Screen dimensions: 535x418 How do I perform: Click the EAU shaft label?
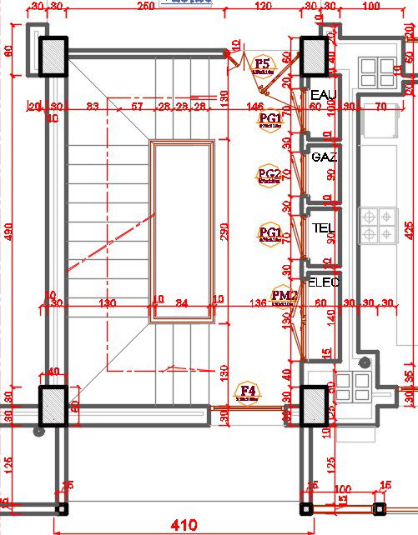click(322, 95)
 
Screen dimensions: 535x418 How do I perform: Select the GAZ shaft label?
click(323, 157)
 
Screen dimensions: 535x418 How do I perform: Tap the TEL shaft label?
click(323, 227)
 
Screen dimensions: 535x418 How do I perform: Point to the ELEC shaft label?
click(324, 282)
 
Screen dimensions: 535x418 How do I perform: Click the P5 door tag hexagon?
click(263, 65)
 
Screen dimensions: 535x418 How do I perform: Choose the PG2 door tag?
click(269, 174)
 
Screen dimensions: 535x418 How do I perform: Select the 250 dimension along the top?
click(145, 7)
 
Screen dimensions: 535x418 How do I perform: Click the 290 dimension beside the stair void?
click(223, 232)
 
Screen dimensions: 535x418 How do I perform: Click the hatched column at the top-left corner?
click(54, 57)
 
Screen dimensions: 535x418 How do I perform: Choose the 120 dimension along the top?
click(263, 7)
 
